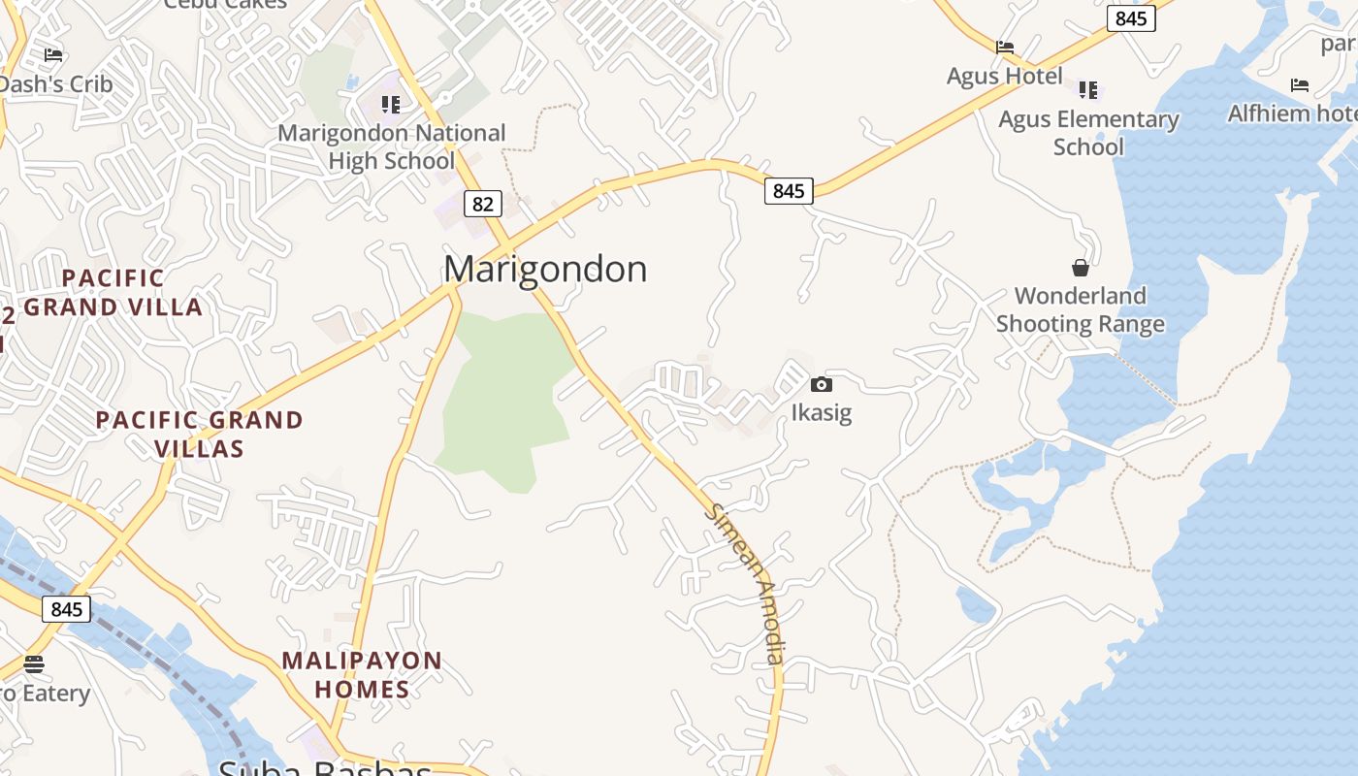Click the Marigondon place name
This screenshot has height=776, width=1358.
tap(545, 269)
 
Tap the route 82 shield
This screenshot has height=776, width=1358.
tap(483, 204)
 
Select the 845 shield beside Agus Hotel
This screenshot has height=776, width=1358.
tap(1131, 18)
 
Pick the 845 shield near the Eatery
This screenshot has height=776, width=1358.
tap(66, 609)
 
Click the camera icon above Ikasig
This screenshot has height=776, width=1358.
tap(821, 385)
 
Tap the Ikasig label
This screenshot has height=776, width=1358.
tap(821, 412)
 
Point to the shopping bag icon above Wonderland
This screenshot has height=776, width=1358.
tap(1080, 268)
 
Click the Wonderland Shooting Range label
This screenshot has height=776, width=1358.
tap(1080, 309)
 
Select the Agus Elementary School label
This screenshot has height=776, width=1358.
tap(1088, 133)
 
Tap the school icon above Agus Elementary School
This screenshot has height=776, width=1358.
tap(1088, 90)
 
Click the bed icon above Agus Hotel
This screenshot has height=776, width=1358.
tap(1005, 48)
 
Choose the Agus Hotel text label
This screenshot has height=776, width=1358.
tap(1005, 76)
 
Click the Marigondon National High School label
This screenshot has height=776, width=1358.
tap(392, 146)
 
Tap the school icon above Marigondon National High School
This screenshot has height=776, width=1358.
tap(391, 104)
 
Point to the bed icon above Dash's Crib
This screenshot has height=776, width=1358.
tap(53, 55)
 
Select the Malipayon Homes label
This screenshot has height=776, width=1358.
tap(362, 675)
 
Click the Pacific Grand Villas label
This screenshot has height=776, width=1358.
tap(199, 435)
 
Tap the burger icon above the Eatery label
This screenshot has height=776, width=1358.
tap(34, 664)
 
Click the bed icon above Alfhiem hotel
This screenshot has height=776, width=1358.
tap(1300, 86)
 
